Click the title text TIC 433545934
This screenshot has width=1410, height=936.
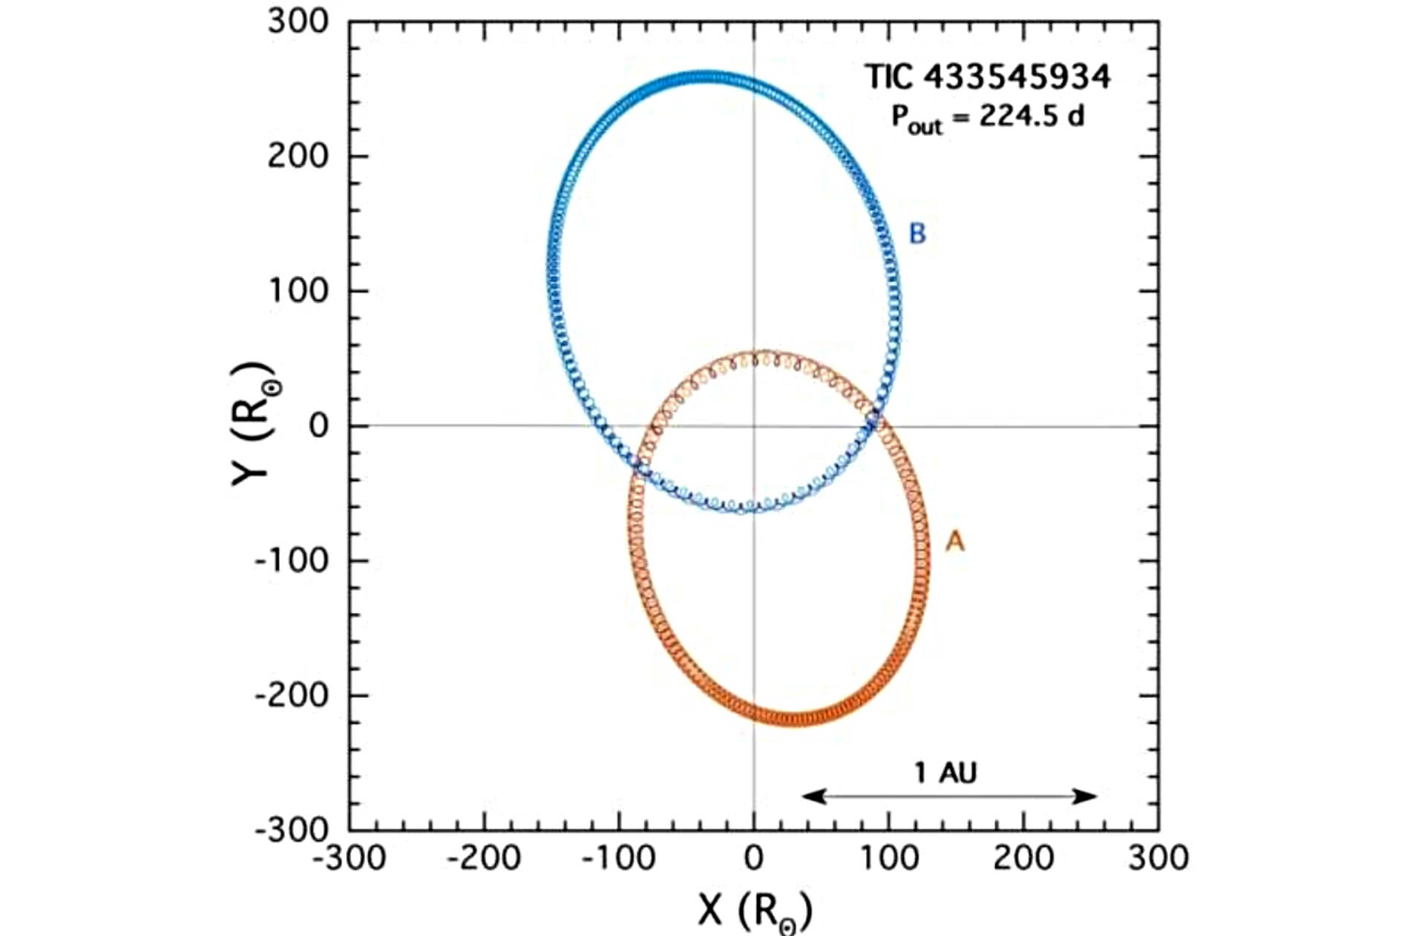(988, 76)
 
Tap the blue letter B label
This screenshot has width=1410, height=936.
(918, 234)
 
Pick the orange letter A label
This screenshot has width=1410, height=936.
(955, 541)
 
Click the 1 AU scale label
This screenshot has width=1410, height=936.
(945, 773)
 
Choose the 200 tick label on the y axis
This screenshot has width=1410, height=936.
(298, 156)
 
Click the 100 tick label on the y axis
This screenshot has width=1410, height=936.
(298, 290)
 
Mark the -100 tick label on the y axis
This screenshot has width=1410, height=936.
(292, 560)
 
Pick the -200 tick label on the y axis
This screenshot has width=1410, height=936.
(292, 696)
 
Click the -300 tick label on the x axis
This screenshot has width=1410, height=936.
(350, 859)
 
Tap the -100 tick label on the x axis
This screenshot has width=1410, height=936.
(619, 859)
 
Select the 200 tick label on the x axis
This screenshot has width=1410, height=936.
(1024, 859)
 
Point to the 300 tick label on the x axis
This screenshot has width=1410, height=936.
(1158, 859)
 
